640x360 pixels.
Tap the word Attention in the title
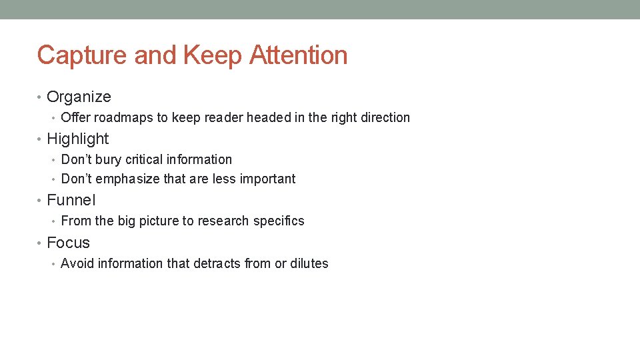click(x=298, y=55)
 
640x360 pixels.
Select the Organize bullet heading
click(x=79, y=97)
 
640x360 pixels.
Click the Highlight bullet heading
click(x=77, y=139)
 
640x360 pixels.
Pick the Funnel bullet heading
click(x=71, y=200)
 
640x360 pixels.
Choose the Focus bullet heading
click(x=68, y=243)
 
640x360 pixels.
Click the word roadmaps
click(x=123, y=117)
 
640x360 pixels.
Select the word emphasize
click(x=128, y=179)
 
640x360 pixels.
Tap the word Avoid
click(x=77, y=263)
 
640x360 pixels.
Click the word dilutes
click(x=309, y=263)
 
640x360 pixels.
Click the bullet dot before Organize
click(x=40, y=97)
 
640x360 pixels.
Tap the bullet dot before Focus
click(x=40, y=243)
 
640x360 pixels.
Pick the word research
click(x=227, y=221)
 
